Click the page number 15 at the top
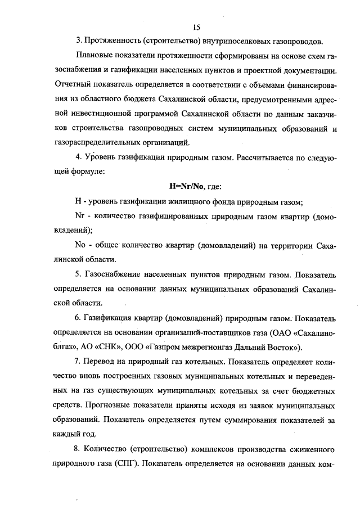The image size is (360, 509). click(196, 27)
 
